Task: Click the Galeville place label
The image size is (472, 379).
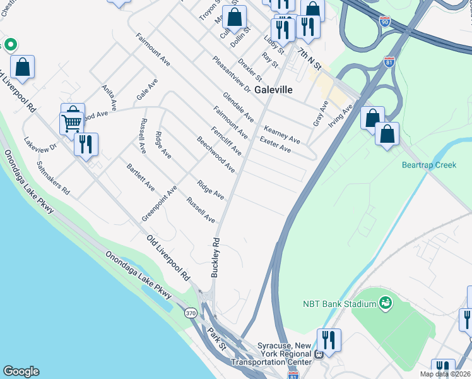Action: [274, 90]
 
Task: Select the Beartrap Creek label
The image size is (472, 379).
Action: [428, 165]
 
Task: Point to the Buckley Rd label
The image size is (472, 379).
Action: [215, 257]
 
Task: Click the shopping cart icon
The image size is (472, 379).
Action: [72, 121]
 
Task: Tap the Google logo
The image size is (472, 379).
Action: [21, 371]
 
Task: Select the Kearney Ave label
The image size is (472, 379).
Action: [281, 133]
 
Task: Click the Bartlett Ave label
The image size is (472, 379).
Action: [141, 177]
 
